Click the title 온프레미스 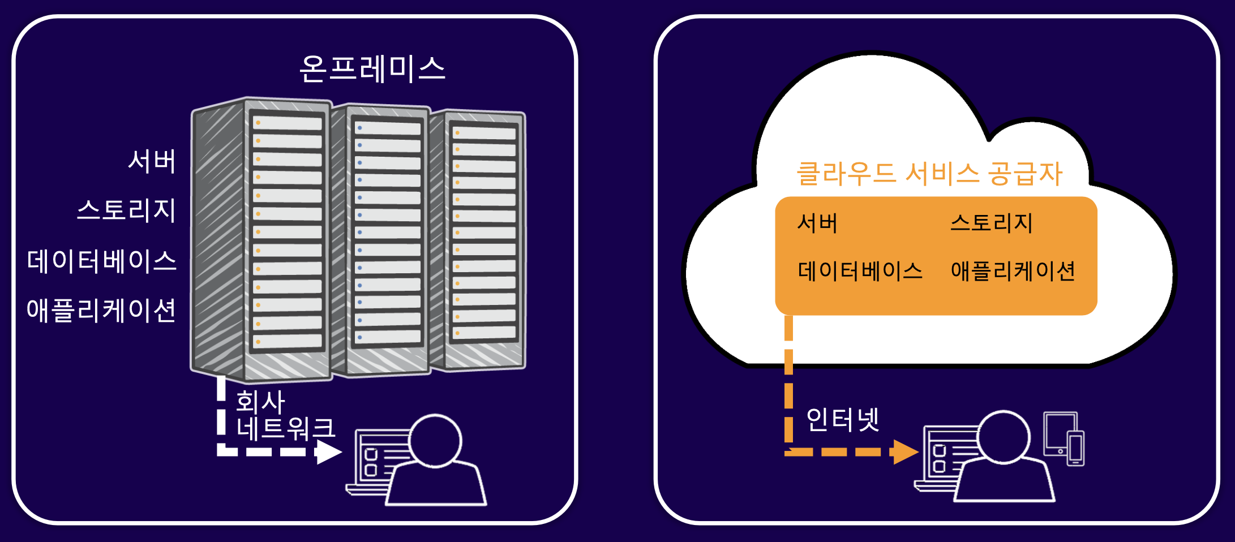(372, 69)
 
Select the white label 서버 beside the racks (152, 161)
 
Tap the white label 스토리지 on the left (126, 210)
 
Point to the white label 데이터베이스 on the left (102, 261)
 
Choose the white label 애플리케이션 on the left (101, 310)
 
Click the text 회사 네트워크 (285, 415)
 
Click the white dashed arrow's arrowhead (328, 452)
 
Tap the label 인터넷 (842, 420)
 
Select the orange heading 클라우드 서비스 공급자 (929, 174)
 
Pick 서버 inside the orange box (817, 223)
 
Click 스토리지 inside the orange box (992, 223)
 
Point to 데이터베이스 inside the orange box (860, 271)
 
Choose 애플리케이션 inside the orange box (1013, 271)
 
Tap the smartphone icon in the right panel (1076, 449)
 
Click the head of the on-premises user (435, 441)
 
